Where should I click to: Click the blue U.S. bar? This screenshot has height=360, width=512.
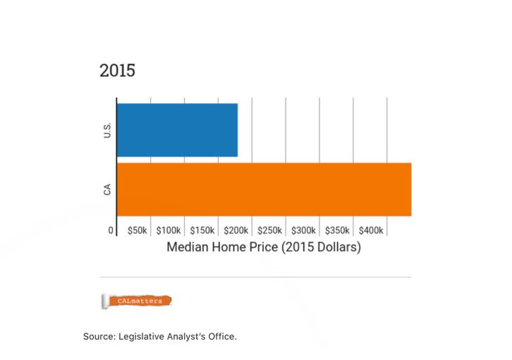coord(177,130)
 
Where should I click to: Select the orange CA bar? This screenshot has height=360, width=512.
coord(264,189)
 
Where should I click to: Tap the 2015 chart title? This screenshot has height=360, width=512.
coord(117,71)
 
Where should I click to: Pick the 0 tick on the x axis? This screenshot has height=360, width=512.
coord(111,231)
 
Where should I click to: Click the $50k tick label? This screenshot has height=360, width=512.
coord(138,231)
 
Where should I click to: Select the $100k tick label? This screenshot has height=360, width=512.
coord(169,231)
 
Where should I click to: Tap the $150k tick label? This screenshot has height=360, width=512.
coord(202,231)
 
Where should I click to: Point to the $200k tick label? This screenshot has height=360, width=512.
coord(236,231)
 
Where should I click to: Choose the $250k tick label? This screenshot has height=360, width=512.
coord(270,231)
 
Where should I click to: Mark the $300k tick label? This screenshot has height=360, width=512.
coord(304,231)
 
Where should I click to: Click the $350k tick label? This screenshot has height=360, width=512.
coord(337,231)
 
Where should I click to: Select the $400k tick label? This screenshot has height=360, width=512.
coord(371,231)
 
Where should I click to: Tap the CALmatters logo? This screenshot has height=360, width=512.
coord(137,301)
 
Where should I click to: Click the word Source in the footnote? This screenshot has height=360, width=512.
coord(99,337)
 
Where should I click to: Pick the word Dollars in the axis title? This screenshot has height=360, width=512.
coord(335,248)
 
